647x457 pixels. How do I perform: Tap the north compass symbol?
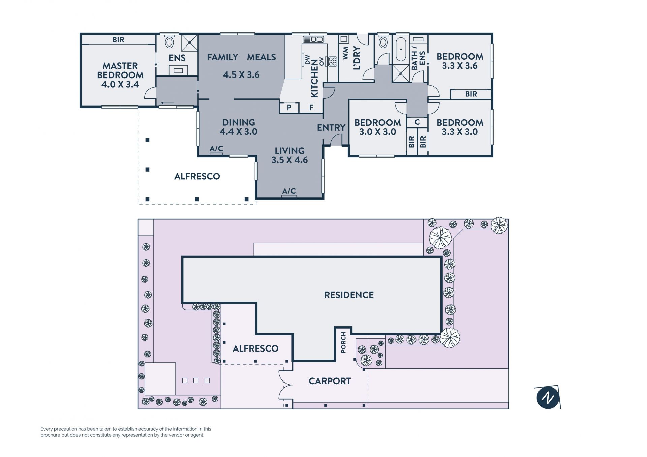pyautogui.click(x=548, y=398)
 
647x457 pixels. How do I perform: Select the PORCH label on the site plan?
pyautogui.click(x=343, y=342)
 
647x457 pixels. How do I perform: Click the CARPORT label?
pyautogui.click(x=330, y=381)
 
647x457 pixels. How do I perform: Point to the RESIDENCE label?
pyautogui.click(x=349, y=295)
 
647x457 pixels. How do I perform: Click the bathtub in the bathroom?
pyautogui.click(x=401, y=49)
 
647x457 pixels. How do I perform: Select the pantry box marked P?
pyautogui.click(x=289, y=108)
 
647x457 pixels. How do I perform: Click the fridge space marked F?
pyautogui.click(x=311, y=108)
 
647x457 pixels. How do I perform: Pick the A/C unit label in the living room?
pyautogui.click(x=289, y=191)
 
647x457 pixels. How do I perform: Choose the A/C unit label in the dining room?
pyautogui.click(x=216, y=149)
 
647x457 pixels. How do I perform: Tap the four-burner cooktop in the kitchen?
pyautogui.click(x=333, y=61)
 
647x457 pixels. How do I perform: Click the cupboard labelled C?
pyautogui.click(x=417, y=122)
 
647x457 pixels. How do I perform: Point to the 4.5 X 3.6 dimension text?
pyautogui.click(x=241, y=74)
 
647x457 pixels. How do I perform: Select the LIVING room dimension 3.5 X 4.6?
pyautogui.click(x=289, y=160)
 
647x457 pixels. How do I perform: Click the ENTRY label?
pyautogui.click(x=331, y=128)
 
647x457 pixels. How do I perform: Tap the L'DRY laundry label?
pyautogui.click(x=357, y=58)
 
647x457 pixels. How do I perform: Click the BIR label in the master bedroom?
pyautogui.click(x=118, y=40)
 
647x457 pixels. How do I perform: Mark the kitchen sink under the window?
pyautogui.click(x=313, y=39)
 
